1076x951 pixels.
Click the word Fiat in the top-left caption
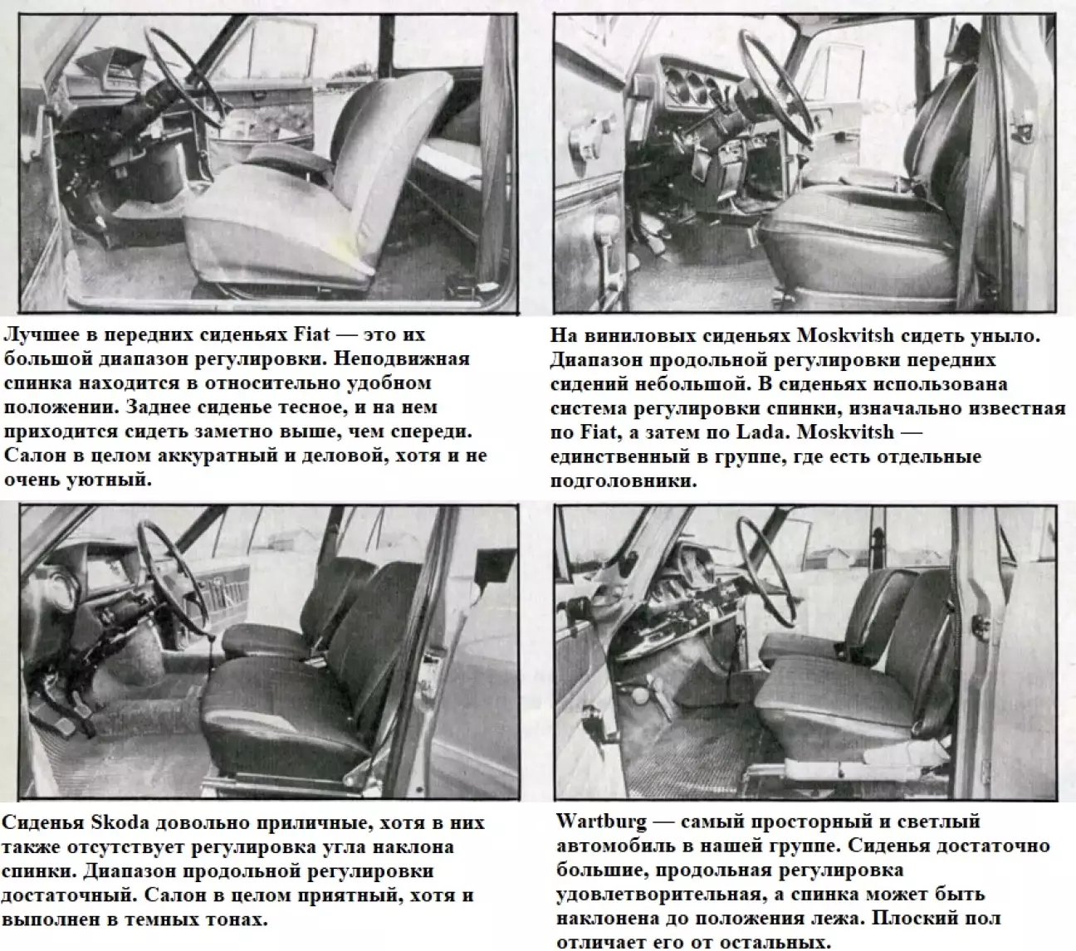[311, 335]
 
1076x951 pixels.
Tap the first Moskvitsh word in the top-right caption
[845, 336]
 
